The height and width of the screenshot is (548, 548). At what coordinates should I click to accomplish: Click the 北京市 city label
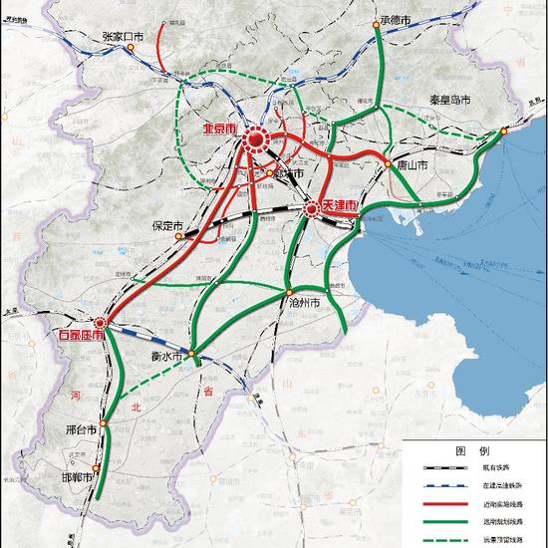[221, 131]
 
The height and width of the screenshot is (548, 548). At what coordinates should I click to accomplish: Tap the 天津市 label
[339, 205]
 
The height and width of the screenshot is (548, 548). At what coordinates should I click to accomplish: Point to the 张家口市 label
[124, 36]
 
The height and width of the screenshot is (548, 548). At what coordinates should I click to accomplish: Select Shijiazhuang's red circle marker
[100, 323]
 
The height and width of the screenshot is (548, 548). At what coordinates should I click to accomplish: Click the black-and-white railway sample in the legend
[435, 466]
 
